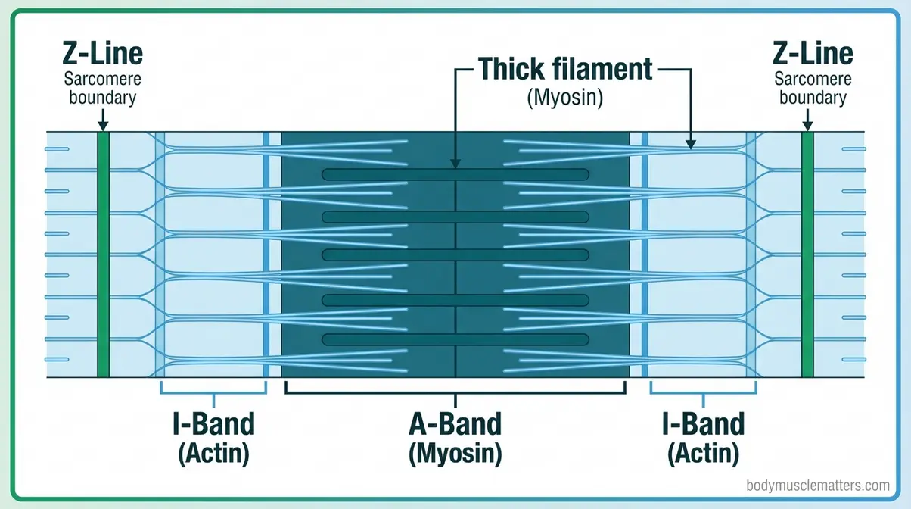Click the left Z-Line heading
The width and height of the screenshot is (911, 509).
point(103,54)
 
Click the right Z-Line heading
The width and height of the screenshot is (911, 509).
point(813,54)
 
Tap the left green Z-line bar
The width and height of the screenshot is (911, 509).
point(103,254)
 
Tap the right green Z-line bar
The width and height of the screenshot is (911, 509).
point(807,254)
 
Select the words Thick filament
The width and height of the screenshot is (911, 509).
point(564,69)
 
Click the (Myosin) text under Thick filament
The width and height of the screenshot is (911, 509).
point(564,98)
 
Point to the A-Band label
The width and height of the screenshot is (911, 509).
point(455,423)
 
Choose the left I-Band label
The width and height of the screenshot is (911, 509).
point(214,423)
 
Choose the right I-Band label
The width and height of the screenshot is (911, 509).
point(704,423)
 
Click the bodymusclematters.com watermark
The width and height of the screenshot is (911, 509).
point(817,486)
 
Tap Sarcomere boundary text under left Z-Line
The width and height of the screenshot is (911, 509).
point(103,89)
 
